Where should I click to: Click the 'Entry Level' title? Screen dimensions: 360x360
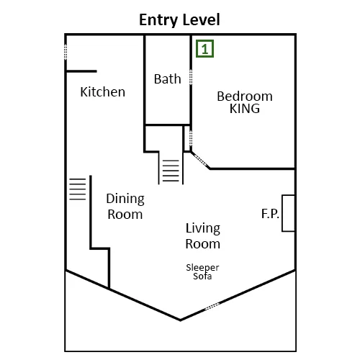179,20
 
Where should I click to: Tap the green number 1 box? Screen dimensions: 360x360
204,49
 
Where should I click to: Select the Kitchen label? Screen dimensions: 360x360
103,92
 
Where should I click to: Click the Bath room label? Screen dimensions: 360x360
167,79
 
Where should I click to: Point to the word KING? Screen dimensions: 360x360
245,109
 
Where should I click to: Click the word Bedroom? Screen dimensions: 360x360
245,96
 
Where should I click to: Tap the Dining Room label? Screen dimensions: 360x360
125,207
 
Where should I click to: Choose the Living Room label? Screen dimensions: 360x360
203,236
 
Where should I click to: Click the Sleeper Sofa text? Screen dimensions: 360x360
202,271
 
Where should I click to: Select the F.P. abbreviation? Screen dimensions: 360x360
270,214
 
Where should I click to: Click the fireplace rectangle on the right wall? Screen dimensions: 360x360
288,213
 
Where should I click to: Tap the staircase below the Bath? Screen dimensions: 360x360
171,171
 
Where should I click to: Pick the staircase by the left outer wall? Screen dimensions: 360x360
78,189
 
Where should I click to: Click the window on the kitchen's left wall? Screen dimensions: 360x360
66,52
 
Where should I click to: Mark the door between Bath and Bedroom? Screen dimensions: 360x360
191,77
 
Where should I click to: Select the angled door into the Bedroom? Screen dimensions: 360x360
200,160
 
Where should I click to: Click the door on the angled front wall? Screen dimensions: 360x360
212,306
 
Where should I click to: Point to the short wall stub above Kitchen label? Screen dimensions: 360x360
81,71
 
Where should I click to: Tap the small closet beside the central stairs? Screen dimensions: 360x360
187,138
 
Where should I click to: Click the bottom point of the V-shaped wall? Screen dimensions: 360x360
180,320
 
